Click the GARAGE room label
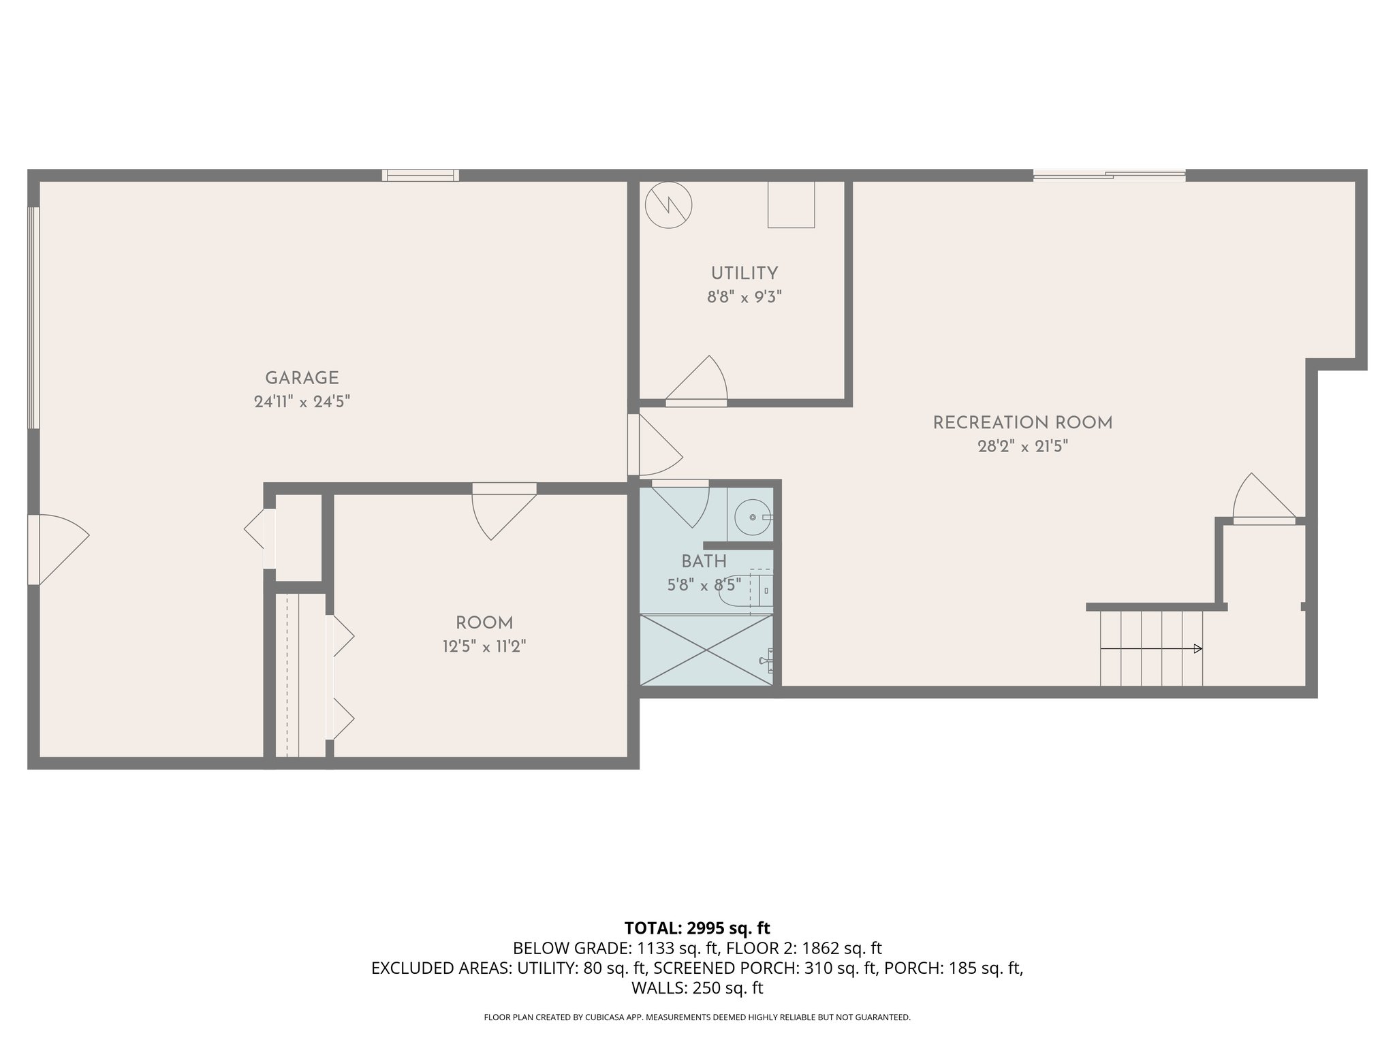tap(302, 378)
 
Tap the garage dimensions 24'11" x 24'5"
tap(302, 402)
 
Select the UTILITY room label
tap(744, 274)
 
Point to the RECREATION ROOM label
tap(1022, 423)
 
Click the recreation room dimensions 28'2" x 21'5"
tap(1022, 447)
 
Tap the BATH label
tap(704, 562)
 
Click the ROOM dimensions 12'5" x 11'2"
tap(484, 646)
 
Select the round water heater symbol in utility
tap(669, 204)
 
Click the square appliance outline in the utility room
tap(791, 204)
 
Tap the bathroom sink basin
tap(753, 518)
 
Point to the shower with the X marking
tap(706, 650)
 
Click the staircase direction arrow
tap(1151, 649)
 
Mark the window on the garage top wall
tap(420, 175)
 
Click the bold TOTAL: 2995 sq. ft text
tap(697, 928)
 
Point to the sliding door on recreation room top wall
tap(1109, 175)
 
